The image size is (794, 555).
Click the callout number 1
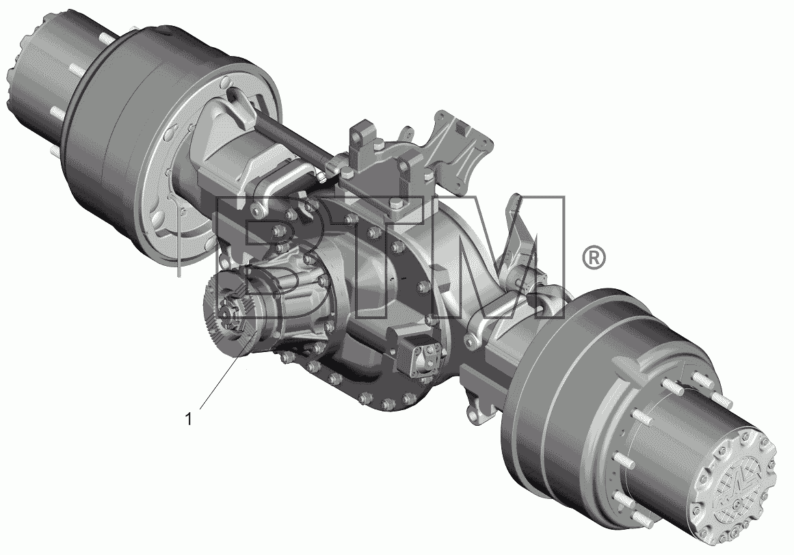click(x=188, y=420)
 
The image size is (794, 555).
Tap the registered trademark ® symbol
click(x=593, y=258)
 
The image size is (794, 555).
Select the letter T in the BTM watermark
click(x=384, y=257)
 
